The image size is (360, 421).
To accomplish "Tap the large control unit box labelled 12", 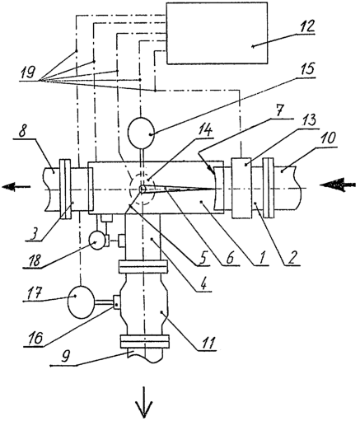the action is tap(217, 33).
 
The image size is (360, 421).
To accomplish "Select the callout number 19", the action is tap(27, 73).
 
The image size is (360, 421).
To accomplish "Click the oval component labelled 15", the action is tap(141, 133).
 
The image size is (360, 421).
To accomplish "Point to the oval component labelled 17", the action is tap(81, 302).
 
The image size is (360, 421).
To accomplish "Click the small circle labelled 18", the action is tap(97, 241).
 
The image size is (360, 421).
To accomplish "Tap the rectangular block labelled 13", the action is tap(241, 188).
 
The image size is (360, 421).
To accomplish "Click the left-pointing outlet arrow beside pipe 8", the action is tap(16, 187).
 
